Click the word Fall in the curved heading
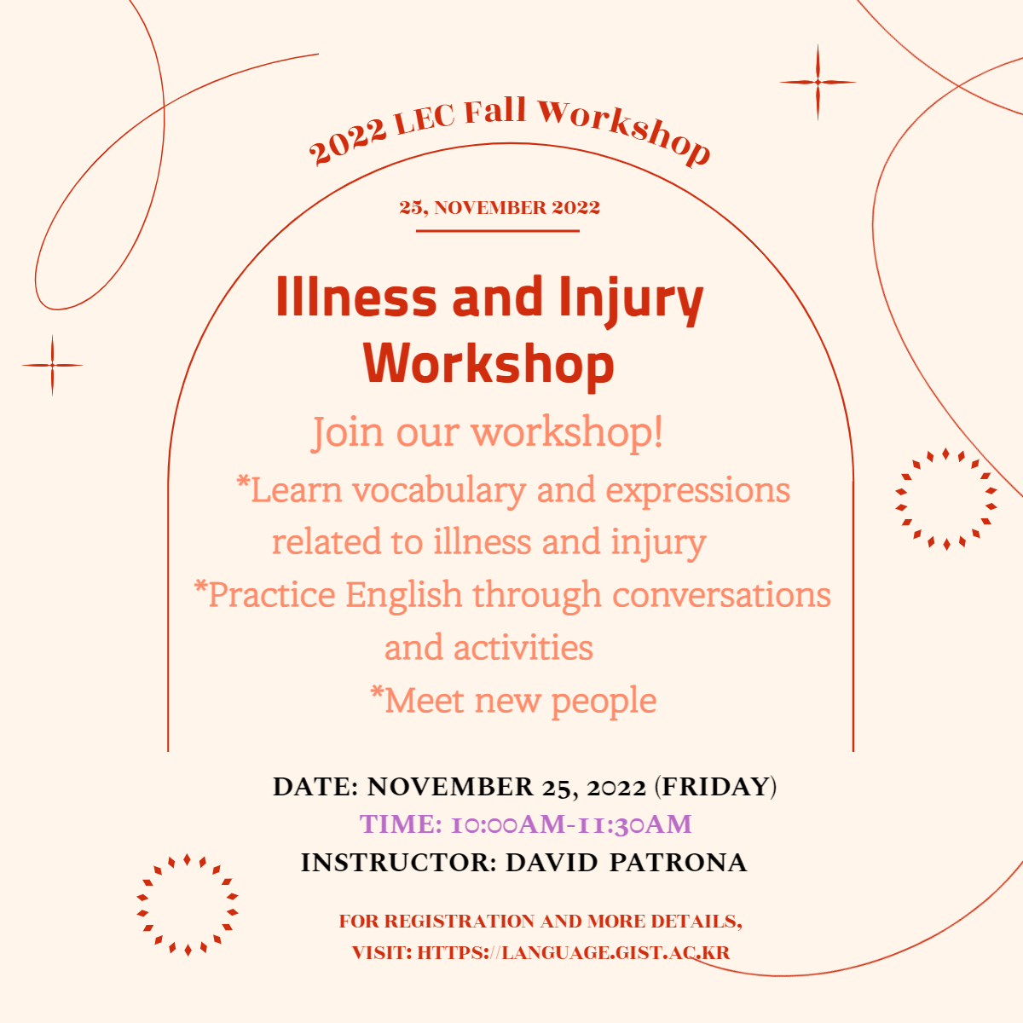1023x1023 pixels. click(494, 111)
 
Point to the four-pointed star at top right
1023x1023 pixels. click(818, 83)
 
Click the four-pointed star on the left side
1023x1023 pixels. click(52, 365)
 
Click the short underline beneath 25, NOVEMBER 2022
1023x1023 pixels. click(497, 231)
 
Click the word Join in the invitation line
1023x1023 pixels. click(347, 433)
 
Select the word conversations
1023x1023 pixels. click(721, 594)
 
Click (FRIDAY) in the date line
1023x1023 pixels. click(715, 787)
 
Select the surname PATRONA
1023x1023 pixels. click(678, 863)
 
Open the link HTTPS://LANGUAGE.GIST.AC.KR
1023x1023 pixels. click(574, 952)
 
